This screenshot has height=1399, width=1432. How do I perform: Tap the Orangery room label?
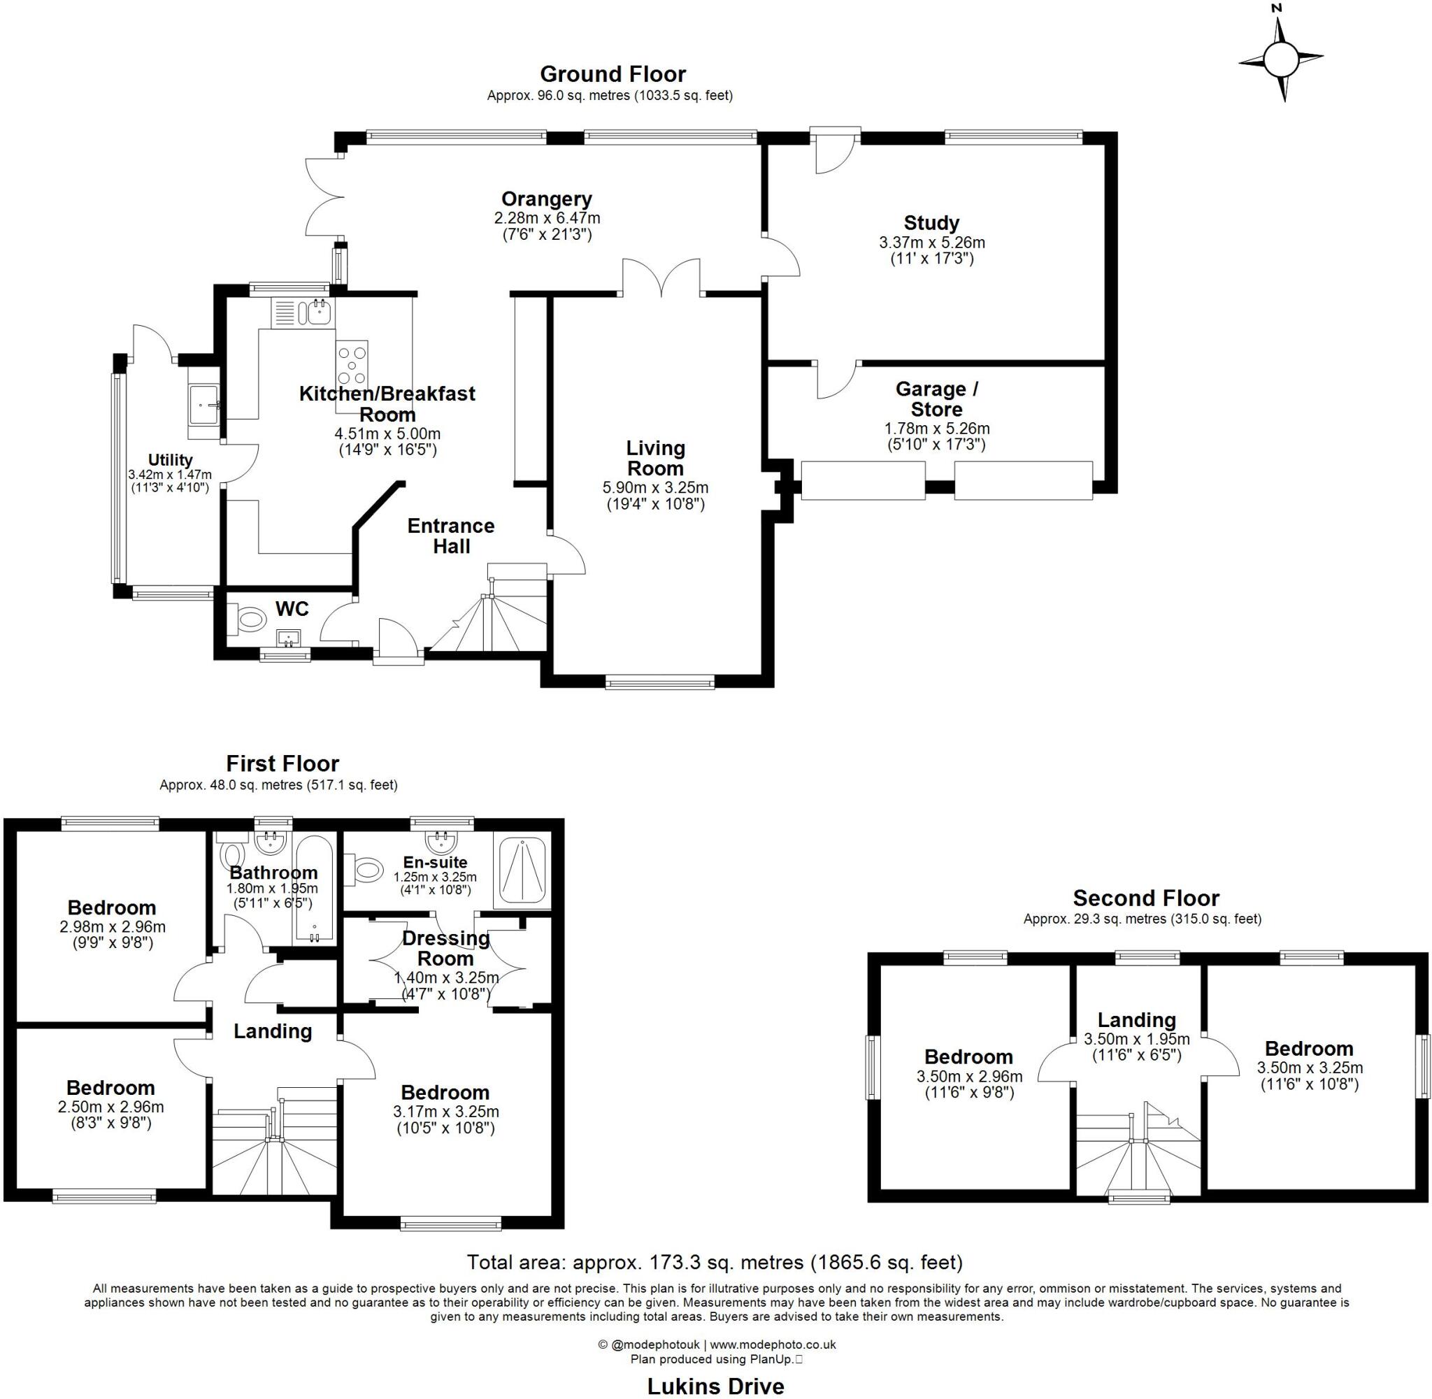point(547,199)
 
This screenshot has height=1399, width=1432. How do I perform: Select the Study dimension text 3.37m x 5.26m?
point(931,243)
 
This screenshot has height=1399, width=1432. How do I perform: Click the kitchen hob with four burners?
point(352,363)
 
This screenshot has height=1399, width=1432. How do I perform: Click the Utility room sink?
point(203,404)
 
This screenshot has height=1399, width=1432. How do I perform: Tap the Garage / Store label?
point(936,399)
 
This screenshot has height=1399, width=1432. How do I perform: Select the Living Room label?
point(654,458)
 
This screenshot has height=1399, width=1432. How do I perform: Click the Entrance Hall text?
point(450,536)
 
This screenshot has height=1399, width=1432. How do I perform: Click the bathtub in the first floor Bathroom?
point(315,889)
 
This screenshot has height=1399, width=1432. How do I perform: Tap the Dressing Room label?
point(445,948)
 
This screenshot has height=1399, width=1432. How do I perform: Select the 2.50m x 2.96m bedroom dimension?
point(111,1107)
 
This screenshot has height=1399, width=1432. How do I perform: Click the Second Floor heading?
point(1145,898)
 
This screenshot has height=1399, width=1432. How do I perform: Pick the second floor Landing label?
point(1136,1020)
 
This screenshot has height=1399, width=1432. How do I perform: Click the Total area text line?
point(715,1263)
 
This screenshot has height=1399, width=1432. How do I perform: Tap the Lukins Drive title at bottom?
point(715,1386)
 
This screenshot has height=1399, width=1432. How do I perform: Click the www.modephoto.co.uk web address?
point(772,1344)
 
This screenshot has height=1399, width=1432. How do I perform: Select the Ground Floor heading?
point(612,74)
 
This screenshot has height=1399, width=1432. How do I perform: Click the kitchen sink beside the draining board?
point(320,313)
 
